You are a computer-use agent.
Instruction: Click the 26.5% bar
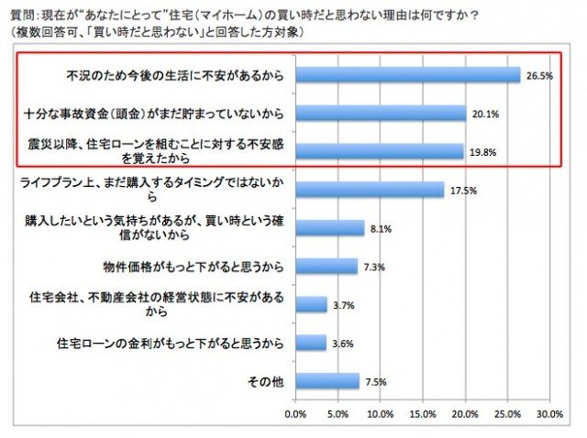(407, 74)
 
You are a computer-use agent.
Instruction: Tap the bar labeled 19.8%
(379, 151)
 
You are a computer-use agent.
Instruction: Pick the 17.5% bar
(369, 190)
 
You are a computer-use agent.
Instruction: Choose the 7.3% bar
(326, 267)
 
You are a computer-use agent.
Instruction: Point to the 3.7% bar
(311, 305)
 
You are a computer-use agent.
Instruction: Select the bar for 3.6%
(310, 343)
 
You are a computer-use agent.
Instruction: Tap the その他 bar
(327, 381)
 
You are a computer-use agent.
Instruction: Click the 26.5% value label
(539, 76)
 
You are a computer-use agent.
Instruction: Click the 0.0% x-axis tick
(295, 413)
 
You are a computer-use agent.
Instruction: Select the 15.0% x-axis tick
(422, 413)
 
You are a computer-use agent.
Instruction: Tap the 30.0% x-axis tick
(548, 413)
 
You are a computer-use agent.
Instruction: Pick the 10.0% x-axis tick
(380, 413)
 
